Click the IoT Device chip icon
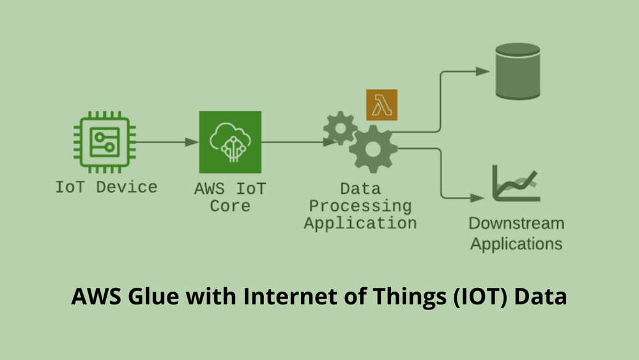coord(105,143)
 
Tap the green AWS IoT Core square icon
coord(230,142)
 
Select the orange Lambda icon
coord(382,105)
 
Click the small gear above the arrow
coord(341,129)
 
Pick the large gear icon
coord(373,149)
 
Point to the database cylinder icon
coord(518,72)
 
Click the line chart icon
coord(516,183)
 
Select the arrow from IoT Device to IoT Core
coord(167,143)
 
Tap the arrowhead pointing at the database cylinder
coord(482,72)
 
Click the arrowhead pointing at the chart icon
coord(477,198)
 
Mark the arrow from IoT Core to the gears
coord(299,143)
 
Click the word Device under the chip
coord(127,187)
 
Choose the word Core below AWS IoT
coord(230,206)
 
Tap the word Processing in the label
coord(360,207)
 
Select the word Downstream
coord(516,223)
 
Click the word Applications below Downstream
coord(516,244)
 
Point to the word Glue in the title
coord(153,296)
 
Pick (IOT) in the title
coord(481,297)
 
